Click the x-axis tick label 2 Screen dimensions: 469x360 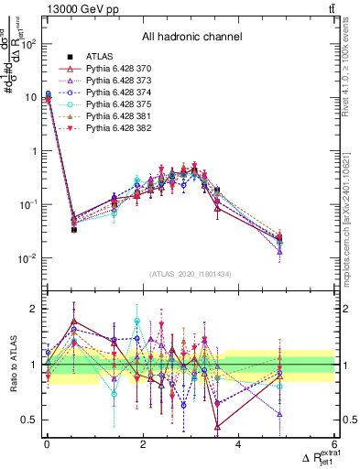[143, 444]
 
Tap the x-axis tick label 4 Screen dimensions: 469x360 [239, 444]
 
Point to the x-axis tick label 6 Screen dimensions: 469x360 [334, 444]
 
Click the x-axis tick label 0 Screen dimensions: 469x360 [47, 444]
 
